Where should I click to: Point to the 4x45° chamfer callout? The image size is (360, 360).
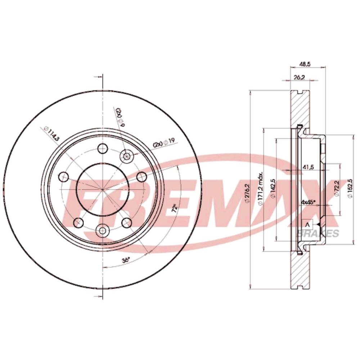(309, 202)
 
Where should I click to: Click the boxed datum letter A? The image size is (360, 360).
(307, 224)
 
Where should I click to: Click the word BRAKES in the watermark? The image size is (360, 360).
(317, 234)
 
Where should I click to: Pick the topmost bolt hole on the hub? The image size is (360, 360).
(103, 148)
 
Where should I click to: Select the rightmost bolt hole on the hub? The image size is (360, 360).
(142, 176)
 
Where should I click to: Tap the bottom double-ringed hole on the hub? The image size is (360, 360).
(103, 229)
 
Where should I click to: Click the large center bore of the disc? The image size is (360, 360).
(103, 189)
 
